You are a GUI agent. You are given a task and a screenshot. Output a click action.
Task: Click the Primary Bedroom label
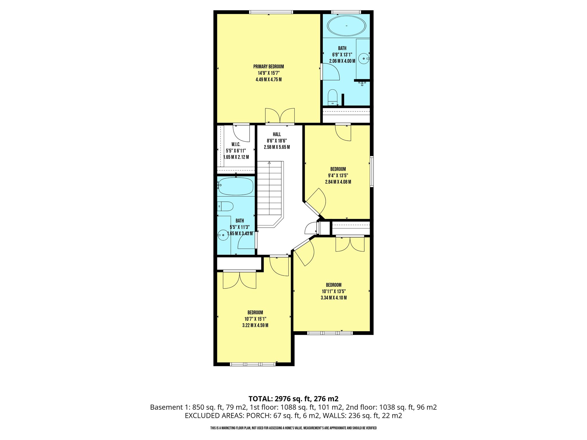(269, 67)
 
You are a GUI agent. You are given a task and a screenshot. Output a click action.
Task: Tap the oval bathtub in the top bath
(347, 26)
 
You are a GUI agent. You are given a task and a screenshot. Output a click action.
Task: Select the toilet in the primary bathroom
(332, 97)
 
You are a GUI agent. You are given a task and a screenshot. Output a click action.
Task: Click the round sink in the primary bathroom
(364, 58)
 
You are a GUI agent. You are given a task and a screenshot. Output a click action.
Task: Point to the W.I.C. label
(236, 144)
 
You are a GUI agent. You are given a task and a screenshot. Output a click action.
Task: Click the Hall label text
(277, 134)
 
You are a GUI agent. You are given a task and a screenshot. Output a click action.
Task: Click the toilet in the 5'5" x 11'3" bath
(225, 206)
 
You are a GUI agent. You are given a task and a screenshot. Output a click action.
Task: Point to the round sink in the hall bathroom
(223, 235)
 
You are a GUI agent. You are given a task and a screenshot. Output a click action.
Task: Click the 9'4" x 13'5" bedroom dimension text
(338, 176)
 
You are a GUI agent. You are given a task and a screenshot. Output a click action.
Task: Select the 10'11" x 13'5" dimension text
(334, 291)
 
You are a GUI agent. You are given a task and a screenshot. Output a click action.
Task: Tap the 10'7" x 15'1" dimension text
(255, 319)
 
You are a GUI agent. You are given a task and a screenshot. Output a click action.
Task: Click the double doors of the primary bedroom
(280, 116)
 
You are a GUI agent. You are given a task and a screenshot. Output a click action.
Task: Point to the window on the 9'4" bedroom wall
(371, 171)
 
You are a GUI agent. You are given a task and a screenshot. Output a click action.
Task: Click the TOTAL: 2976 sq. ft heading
(293, 398)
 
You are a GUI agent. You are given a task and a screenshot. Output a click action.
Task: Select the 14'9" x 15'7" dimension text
(269, 73)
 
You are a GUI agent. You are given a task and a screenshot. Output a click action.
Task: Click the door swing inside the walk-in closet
(241, 133)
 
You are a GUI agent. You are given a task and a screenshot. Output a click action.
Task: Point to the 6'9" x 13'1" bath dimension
(342, 54)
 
